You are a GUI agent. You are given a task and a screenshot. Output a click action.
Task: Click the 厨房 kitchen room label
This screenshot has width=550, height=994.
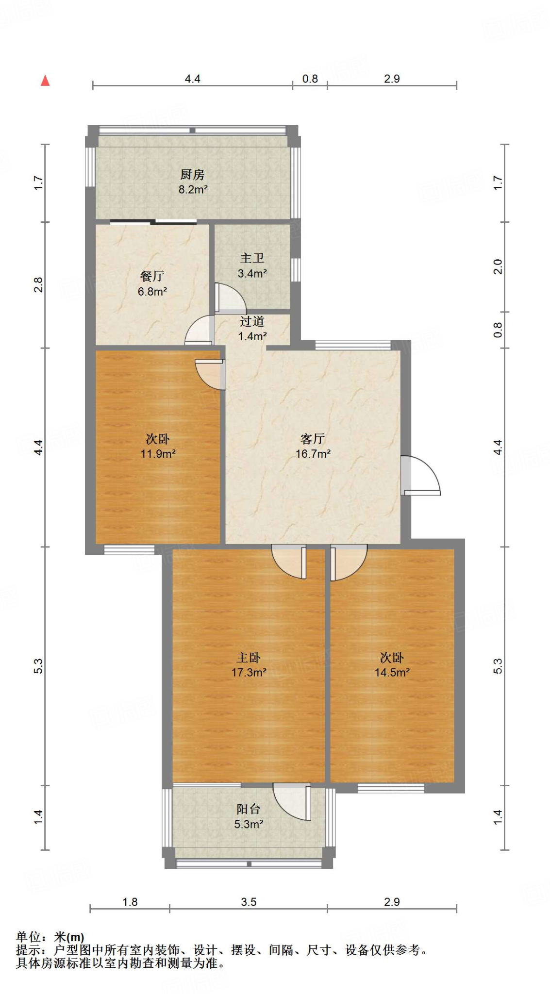click(192, 174)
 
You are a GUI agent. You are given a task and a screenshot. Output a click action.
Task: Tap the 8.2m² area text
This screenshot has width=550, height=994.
click(193, 190)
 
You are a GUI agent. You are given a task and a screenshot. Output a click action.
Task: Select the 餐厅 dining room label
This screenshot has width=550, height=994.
click(152, 276)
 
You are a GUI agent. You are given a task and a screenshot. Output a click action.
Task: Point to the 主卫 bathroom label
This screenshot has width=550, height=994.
click(252, 258)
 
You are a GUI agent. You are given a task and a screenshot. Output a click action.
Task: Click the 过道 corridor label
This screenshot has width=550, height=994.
click(252, 321)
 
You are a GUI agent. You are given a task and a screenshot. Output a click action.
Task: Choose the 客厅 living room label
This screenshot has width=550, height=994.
click(313, 439)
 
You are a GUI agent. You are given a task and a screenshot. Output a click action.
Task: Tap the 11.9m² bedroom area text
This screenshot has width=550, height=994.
click(158, 454)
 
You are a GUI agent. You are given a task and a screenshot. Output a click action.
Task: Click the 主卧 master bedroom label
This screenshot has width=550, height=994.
click(249, 658)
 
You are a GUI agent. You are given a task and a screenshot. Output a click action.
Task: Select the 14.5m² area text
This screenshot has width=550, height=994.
click(392, 673)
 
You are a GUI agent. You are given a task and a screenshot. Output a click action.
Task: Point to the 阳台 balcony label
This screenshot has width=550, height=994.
click(249, 809)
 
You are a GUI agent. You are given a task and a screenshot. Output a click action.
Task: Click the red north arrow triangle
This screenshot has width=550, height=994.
click(45, 81)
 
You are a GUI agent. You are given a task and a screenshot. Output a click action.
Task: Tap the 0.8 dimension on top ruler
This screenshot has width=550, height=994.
click(310, 79)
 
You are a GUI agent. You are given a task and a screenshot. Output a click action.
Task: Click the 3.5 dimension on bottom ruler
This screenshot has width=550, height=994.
click(249, 902)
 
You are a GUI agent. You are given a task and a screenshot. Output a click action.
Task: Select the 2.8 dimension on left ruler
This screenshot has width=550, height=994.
click(38, 285)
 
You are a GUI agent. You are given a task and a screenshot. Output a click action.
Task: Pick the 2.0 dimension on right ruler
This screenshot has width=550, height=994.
click(498, 266)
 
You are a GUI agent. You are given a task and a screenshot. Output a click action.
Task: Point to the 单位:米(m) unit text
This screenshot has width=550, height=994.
click(50, 937)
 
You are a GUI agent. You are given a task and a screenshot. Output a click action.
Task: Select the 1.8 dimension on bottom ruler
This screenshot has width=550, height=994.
click(130, 902)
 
